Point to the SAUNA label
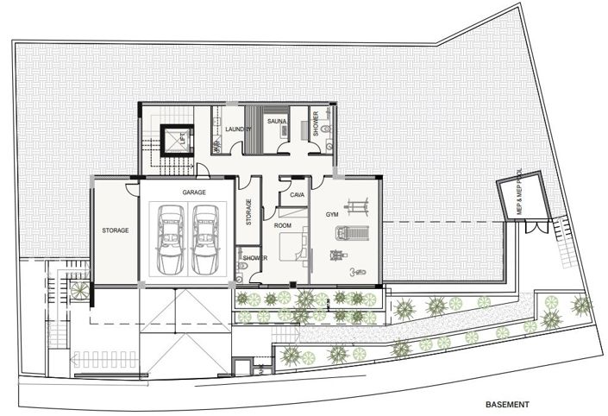pos(276,122)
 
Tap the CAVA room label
pos(298,196)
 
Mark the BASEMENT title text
pos(506,403)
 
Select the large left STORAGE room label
pos(115,230)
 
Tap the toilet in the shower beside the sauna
pos(329,148)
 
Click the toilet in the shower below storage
pos(241,274)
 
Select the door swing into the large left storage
pos(130,186)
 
